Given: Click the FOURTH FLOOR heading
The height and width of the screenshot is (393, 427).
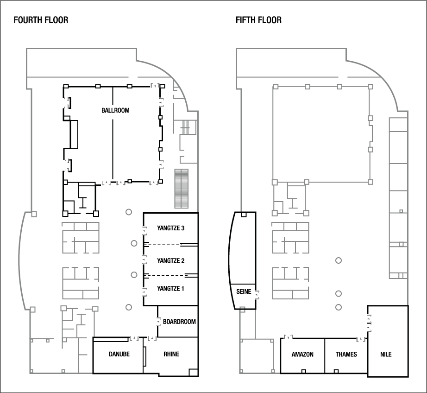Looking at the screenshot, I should [41, 20].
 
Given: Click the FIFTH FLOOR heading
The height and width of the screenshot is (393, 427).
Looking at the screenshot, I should [258, 20].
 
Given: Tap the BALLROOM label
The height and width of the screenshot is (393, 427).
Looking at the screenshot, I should [115, 110].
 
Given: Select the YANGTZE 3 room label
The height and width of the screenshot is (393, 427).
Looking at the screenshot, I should [171, 228].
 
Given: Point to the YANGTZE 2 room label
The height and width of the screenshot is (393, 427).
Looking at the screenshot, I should [171, 261].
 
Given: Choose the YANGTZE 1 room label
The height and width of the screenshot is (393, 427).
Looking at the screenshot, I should [171, 289].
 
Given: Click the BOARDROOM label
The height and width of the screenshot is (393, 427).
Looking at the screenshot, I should [179, 322].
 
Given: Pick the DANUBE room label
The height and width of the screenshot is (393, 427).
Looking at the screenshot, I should [119, 355].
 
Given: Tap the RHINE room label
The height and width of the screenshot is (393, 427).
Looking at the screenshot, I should [171, 355].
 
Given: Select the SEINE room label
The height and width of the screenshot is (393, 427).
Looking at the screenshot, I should [244, 292].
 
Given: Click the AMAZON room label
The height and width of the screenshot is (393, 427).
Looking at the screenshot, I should [302, 355].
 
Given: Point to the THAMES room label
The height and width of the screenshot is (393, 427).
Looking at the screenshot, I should [346, 355].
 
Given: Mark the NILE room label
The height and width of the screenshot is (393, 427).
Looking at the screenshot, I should [386, 355].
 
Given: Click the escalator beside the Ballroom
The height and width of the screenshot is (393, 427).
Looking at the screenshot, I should [182, 189].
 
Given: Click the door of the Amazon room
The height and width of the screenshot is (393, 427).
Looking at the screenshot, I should [289, 338].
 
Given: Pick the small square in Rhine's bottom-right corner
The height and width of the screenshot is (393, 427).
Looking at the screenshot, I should [194, 372].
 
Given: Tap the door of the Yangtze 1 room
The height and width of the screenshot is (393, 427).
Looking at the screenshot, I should [143, 291].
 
